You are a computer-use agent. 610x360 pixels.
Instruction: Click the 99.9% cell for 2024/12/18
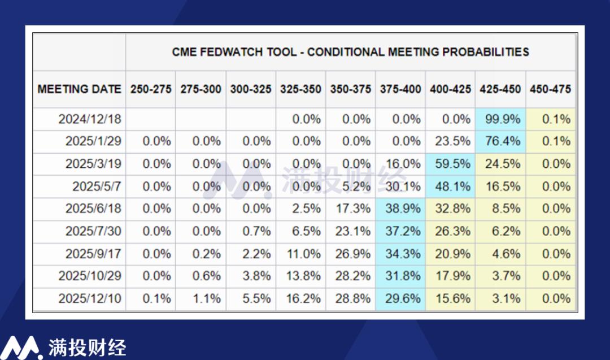coord(500,119)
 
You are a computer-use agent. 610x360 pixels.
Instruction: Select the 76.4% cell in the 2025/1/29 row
coord(500,141)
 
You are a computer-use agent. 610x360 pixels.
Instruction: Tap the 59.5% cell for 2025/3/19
coord(450,164)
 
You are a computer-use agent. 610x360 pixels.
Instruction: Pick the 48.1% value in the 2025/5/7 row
coord(450,186)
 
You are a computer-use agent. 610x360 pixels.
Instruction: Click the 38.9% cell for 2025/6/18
coord(400,209)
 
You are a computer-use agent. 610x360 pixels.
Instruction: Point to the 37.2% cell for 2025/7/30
coord(400,231)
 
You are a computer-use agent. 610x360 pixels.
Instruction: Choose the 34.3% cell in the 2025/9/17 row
coord(400,254)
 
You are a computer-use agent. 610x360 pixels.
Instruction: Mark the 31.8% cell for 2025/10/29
coord(400,276)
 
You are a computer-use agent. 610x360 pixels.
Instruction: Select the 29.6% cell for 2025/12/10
coord(400,298)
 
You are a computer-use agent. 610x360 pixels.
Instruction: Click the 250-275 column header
coord(151,89)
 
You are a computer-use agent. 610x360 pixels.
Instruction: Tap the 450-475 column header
coord(550,89)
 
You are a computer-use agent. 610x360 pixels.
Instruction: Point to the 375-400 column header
coord(400,89)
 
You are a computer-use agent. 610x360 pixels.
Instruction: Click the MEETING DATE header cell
coord(79,89)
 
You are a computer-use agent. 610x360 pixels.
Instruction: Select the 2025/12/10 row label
coord(90,298)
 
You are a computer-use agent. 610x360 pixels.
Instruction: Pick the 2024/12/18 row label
coord(90,119)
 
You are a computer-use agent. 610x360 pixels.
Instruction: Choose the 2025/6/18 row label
coord(93,209)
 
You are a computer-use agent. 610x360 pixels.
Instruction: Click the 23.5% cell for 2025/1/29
coord(450,141)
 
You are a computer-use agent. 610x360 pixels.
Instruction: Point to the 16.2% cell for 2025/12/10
coord(300,298)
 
